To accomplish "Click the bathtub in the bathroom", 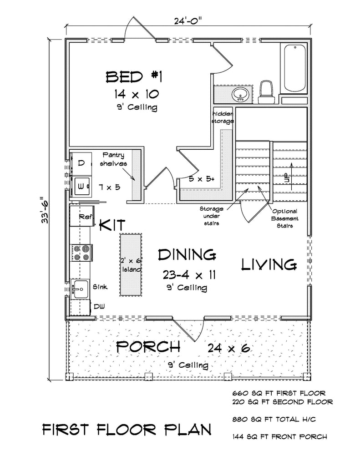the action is pos(294,68).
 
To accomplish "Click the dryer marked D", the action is pos(81,163).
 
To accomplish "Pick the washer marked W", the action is pos(81,186).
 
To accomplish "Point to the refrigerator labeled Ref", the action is pos(81,216).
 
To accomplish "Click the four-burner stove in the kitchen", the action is pos(81,253).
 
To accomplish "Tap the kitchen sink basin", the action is pos(80,289).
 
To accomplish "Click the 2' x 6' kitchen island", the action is pos(131,265).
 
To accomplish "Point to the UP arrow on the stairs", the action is pos(292,177).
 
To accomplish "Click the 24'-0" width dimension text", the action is pos(188,21).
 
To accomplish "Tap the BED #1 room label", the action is pos(134,77).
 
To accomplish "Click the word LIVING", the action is pos(269,264).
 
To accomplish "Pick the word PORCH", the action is pos(148,346).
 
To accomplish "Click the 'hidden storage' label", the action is pos(223,117).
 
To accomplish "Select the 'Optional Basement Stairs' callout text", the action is pos(285,218).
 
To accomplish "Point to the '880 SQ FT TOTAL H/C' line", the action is pos(274,419).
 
